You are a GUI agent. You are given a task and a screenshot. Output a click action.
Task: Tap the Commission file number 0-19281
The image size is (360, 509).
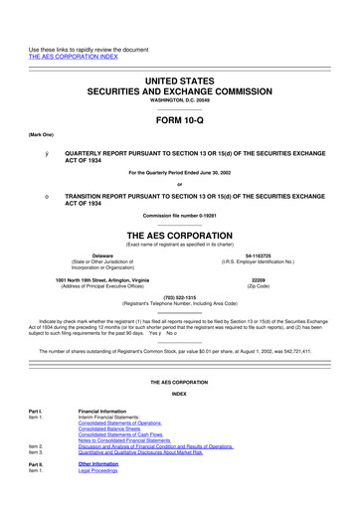pyautogui.click(x=179, y=216)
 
